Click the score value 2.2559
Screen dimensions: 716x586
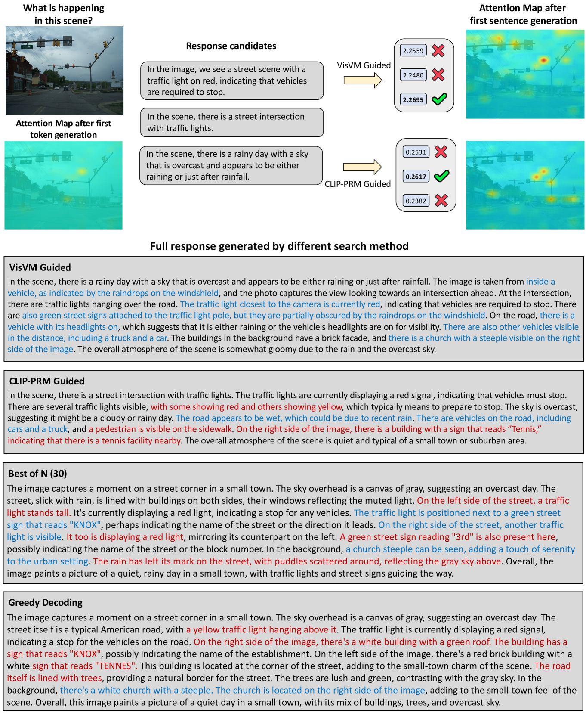pyautogui.click(x=413, y=51)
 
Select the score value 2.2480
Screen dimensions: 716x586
pyautogui.click(x=413, y=75)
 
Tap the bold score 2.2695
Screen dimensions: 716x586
pyautogui.click(x=413, y=100)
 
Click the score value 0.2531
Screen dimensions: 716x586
pyautogui.click(x=416, y=152)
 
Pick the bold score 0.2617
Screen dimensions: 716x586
pyautogui.click(x=416, y=177)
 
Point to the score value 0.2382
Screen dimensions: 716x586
pyautogui.click(x=416, y=201)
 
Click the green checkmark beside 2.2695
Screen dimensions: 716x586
pyautogui.click(x=439, y=99)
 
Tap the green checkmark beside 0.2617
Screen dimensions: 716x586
pyautogui.click(x=441, y=176)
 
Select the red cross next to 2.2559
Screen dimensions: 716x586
pyautogui.click(x=438, y=51)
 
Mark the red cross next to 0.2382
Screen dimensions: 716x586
pyautogui.click(x=441, y=200)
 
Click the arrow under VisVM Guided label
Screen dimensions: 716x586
pyautogui.click(x=363, y=80)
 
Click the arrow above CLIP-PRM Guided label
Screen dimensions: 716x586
pyautogui.click(x=362, y=167)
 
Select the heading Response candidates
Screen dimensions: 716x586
pyautogui.click(x=231, y=46)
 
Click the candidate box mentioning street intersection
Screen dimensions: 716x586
pyautogui.click(x=231, y=122)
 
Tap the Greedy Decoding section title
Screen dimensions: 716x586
pyautogui.click(x=45, y=603)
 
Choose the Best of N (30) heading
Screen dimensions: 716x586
pyautogui.click(x=37, y=474)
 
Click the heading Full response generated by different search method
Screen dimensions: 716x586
pyautogui.click(x=279, y=246)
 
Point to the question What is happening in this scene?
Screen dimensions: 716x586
pyautogui.click(x=64, y=14)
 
